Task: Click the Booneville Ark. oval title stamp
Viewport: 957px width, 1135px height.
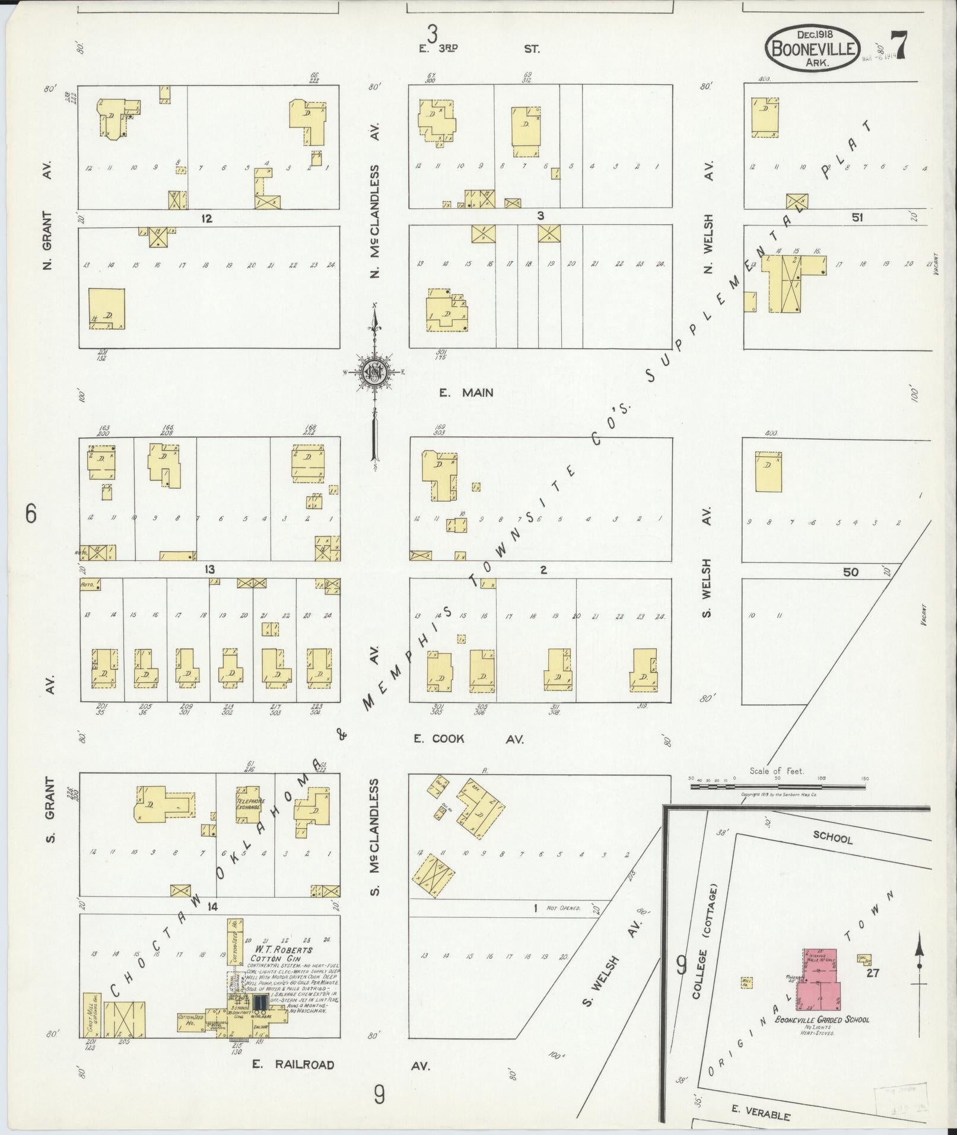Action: [813, 49]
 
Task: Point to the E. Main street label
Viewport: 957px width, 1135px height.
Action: [466, 392]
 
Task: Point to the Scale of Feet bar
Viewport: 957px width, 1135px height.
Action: [777, 787]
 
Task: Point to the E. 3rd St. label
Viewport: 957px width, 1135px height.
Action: [479, 49]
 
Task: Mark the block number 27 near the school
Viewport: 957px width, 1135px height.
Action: [872, 972]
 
